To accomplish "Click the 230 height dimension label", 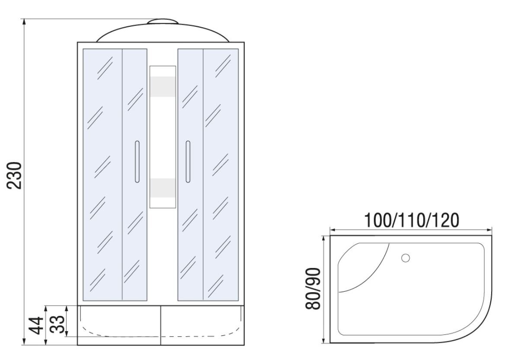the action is (x=15, y=175).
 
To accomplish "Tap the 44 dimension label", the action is (x=36, y=325).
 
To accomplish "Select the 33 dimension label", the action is (x=58, y=324).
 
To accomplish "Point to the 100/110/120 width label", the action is (x=412, y=220).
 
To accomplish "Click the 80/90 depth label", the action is (x=313, y=289).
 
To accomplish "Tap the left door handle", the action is (x=137, y=162).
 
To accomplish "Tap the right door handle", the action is (x=188, y=162).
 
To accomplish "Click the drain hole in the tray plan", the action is (x=405, y=258).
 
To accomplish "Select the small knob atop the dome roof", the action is (x=163, y=21).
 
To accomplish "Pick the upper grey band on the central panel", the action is (x=163, y=87).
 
